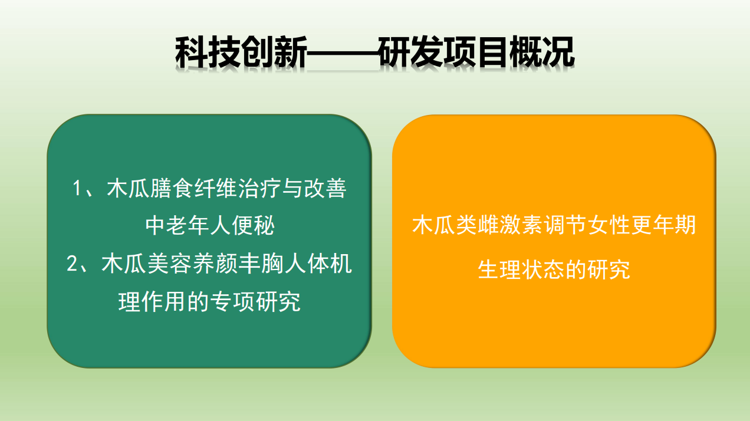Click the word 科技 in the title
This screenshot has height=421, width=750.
coord(208,52)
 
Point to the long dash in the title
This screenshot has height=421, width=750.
coord(343,52)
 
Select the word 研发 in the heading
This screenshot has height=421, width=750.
coord(411,52)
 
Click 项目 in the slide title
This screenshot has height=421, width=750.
coord(477,52)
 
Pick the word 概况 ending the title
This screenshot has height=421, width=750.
coord(542,52)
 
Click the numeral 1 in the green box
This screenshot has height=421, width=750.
coord(77,188)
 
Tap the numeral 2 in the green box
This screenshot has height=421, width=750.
coord(72,264)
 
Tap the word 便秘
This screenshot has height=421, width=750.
coord(253,225)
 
